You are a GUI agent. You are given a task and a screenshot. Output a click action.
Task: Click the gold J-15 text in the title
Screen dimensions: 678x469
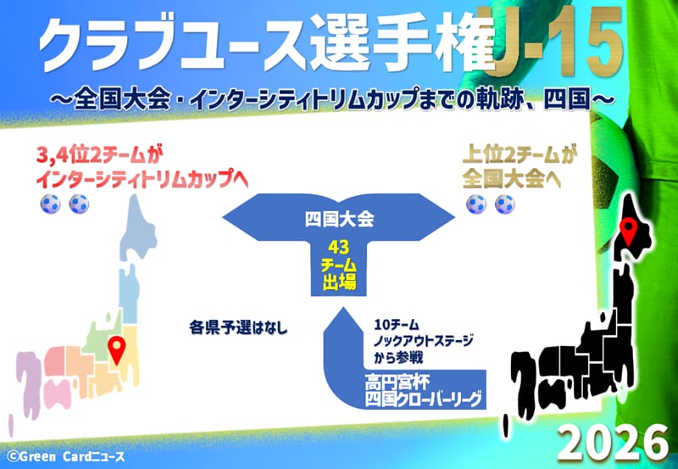tap(559, 41)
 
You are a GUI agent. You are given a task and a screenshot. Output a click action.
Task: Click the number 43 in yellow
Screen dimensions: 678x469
tap(338, 248)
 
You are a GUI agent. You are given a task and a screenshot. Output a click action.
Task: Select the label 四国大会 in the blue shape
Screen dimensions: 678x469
tap(339, 220)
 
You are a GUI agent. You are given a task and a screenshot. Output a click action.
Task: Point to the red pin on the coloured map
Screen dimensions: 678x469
tap(117, 349)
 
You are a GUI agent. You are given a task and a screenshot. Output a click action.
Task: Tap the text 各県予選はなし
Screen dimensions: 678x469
tap(238, 327)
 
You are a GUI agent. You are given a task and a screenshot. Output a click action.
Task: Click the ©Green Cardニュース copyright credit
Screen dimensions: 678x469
tap(66, 456)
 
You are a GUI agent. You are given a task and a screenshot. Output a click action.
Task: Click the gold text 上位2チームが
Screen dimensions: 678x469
tap(518, 156)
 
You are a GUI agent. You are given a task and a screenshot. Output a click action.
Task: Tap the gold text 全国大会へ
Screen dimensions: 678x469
tap(512, 180)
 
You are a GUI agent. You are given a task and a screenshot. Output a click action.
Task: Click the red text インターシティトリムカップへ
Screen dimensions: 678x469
tap(142, 180)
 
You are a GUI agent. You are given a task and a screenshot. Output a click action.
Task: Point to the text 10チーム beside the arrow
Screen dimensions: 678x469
tap(397, 325)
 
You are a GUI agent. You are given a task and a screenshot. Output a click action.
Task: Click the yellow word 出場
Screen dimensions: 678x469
tap(338, 282)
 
